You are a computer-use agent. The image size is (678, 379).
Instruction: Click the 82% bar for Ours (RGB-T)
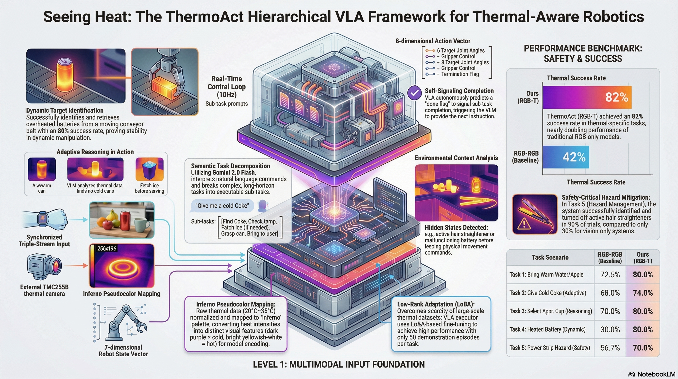[587, 97]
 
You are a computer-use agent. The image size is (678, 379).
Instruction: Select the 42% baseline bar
[566, 157]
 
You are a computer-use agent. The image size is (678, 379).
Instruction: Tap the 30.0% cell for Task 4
[610, 329]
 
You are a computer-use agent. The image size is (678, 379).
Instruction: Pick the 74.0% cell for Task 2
[643, 293]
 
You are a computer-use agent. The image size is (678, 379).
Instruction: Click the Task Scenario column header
[550, 257]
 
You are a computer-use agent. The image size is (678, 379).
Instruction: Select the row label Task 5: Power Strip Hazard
[550, 348]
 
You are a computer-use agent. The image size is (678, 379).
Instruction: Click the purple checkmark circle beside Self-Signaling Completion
[415, 93]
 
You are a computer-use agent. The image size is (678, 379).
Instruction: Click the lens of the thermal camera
[56, 265]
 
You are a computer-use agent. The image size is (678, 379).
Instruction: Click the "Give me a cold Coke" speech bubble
[222, 206]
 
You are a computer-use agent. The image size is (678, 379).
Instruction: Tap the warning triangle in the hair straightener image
[524, 224]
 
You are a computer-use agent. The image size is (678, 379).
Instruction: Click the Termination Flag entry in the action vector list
[459, 74]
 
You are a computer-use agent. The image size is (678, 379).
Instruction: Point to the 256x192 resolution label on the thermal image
[107, 248]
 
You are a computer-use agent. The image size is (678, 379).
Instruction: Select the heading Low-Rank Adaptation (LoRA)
[436, 304]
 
